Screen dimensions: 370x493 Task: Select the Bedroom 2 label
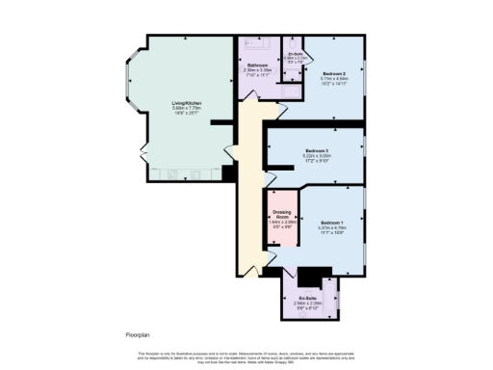click(x=334, y=73)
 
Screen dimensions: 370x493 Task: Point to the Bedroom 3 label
click(x=318, y=151)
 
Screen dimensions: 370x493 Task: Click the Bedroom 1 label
click(x=334, y=223)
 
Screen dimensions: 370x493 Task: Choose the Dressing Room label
click(x=282, y=214)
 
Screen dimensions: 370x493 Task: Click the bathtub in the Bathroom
click(x=258, y=44)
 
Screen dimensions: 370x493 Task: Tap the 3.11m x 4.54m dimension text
click(x=334, y=79)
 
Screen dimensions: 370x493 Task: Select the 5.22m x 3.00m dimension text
click(x=318, y=157)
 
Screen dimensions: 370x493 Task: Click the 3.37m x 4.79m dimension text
click(x=334, y=228)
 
